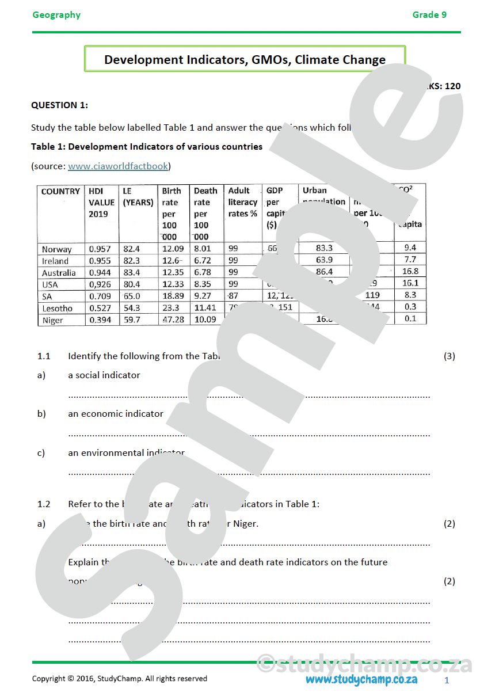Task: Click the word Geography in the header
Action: coord(56,15)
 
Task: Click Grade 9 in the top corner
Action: coord(429,15)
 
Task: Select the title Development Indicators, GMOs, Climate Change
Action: coord(245,59)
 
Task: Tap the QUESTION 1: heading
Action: coord(59,105)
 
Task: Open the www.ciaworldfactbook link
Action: coord(118,166)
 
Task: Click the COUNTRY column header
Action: coord(60,191)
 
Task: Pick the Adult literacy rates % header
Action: coord(242,202)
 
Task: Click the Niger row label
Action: coord(52,320)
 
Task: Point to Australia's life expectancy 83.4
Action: coord(132,272)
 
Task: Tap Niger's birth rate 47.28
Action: coord(173,319)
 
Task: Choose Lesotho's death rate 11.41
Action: coord(205,308)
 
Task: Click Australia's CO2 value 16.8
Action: coord(410,271)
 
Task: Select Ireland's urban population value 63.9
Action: coord(324,260)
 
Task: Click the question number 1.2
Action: coord(44,504)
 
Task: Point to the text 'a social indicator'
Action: coord(104,375)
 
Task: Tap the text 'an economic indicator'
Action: coord(116,413)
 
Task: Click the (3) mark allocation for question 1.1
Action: coord(449,356)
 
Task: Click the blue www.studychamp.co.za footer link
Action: coord(361,679)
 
